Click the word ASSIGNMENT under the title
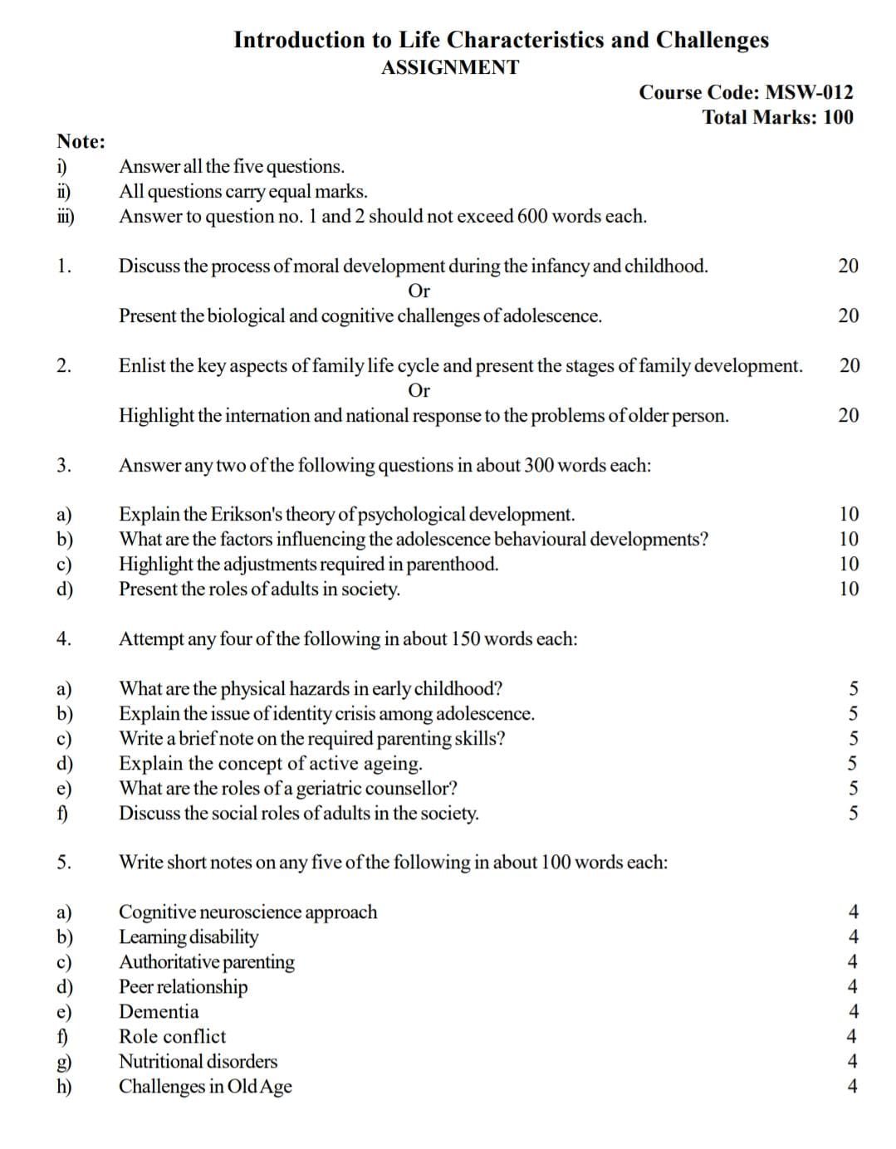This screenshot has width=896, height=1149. (x=449, y=68)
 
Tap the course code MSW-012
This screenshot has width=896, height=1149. (x=808, y=93)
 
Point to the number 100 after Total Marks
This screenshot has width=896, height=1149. (x=838, y=117)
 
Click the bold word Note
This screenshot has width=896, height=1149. (x=80, y=141)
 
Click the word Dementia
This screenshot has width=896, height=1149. (x=159, y=1011)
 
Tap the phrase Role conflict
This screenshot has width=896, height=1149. (x=172, y=1036)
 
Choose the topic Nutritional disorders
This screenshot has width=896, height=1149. (x=198, y=1061)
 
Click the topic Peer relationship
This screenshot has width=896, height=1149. (x=183, y=986)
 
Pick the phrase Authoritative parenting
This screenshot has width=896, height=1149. (x=206, y=961)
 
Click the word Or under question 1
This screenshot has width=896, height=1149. (x=419, y=291)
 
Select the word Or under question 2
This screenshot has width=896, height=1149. (x=419, y=390)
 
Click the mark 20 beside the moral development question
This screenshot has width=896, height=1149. (x=848, y=266)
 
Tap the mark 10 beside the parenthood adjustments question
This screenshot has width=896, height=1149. (x=849, y=565)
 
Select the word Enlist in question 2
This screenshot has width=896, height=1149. (x=142, y=365)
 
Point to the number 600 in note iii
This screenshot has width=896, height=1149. (x=531, y=217)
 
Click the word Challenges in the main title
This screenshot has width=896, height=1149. (x=712, y=40)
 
